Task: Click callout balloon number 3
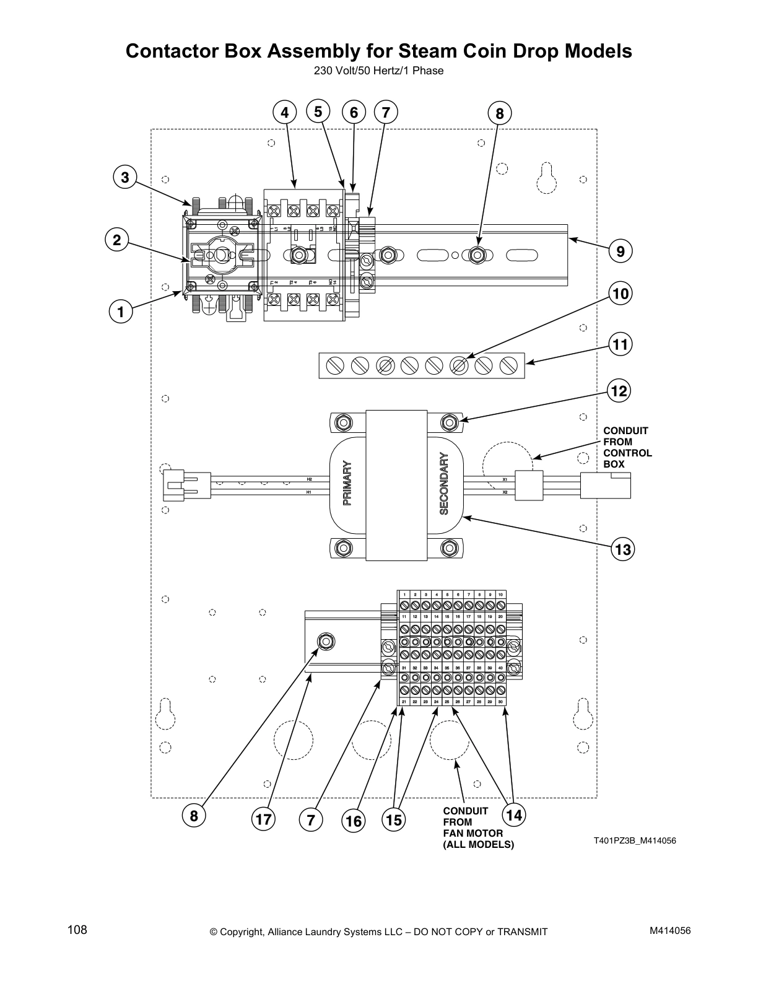(124, 177)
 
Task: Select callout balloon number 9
(620, 251)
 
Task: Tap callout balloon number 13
(622, 549)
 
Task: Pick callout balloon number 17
(263, 819)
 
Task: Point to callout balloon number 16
(354, 821)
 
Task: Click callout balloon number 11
(620, 344)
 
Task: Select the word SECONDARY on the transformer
(443, 484)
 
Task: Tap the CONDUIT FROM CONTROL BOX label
(627, 447)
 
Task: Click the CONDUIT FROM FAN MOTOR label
(477, 827)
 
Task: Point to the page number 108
(77, 930)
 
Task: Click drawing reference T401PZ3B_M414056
(635, 840)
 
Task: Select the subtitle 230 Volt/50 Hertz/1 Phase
(378, 71)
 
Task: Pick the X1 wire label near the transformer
(505, 479)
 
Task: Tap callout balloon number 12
(619, 391)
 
